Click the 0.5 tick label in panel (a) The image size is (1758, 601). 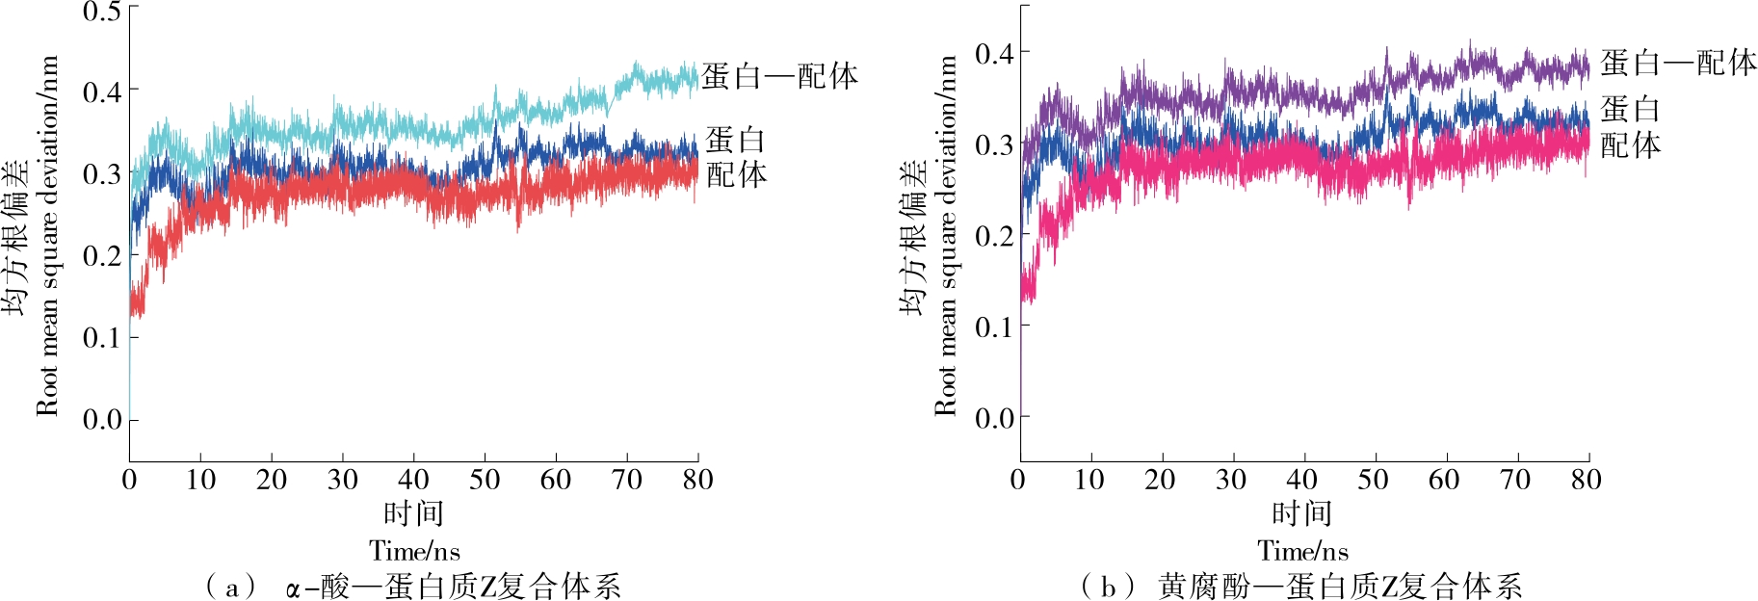click(x=101, y=12)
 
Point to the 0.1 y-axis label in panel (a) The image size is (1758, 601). click(x=101, y=338)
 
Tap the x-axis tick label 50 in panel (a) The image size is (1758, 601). click(x=485, y=480)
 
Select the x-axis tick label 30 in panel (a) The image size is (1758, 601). click(x=342, y=480)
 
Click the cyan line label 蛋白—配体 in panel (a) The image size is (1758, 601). click(x=779, y=76)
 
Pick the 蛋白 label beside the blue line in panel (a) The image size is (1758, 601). click(x=735, y=141)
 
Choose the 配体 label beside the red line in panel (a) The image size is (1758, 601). click(x=737, y=174)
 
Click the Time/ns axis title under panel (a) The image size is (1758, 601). click(x=414, y=551)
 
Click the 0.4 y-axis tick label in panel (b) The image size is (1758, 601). click(x=994, y=53)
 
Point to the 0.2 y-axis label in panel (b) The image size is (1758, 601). click(x=994, y=236)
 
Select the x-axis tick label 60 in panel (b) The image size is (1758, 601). click(x=1443, y=480)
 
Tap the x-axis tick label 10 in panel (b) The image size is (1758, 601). click(x=1089, y=480)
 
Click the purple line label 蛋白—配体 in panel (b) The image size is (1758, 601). click(x=1678, y=64)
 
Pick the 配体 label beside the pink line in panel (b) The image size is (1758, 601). click(x=1631, y=145)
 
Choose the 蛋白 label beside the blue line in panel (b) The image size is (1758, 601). click(x=1630, y=109)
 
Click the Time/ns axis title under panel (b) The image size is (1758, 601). click(x=1302, y=551)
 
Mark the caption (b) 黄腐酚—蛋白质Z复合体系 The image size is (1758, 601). click(x=1302, y=586)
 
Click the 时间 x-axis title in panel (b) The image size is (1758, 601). click(x=1302, y=513)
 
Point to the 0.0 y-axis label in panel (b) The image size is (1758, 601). click(x=994, y=418)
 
